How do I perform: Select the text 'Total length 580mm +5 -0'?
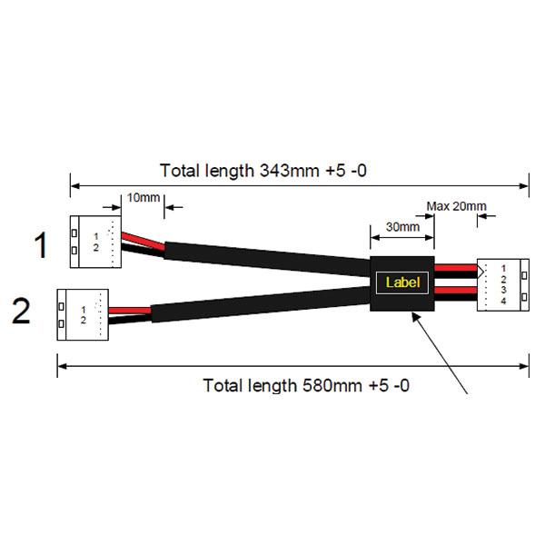point(306,385)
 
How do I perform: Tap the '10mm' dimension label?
point(143,197)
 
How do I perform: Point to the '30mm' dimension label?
point(402,226)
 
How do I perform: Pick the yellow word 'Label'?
point(402,282)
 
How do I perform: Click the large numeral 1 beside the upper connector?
point(41,245)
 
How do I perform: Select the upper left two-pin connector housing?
point(93,242)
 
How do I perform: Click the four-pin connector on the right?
point(502,284)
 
